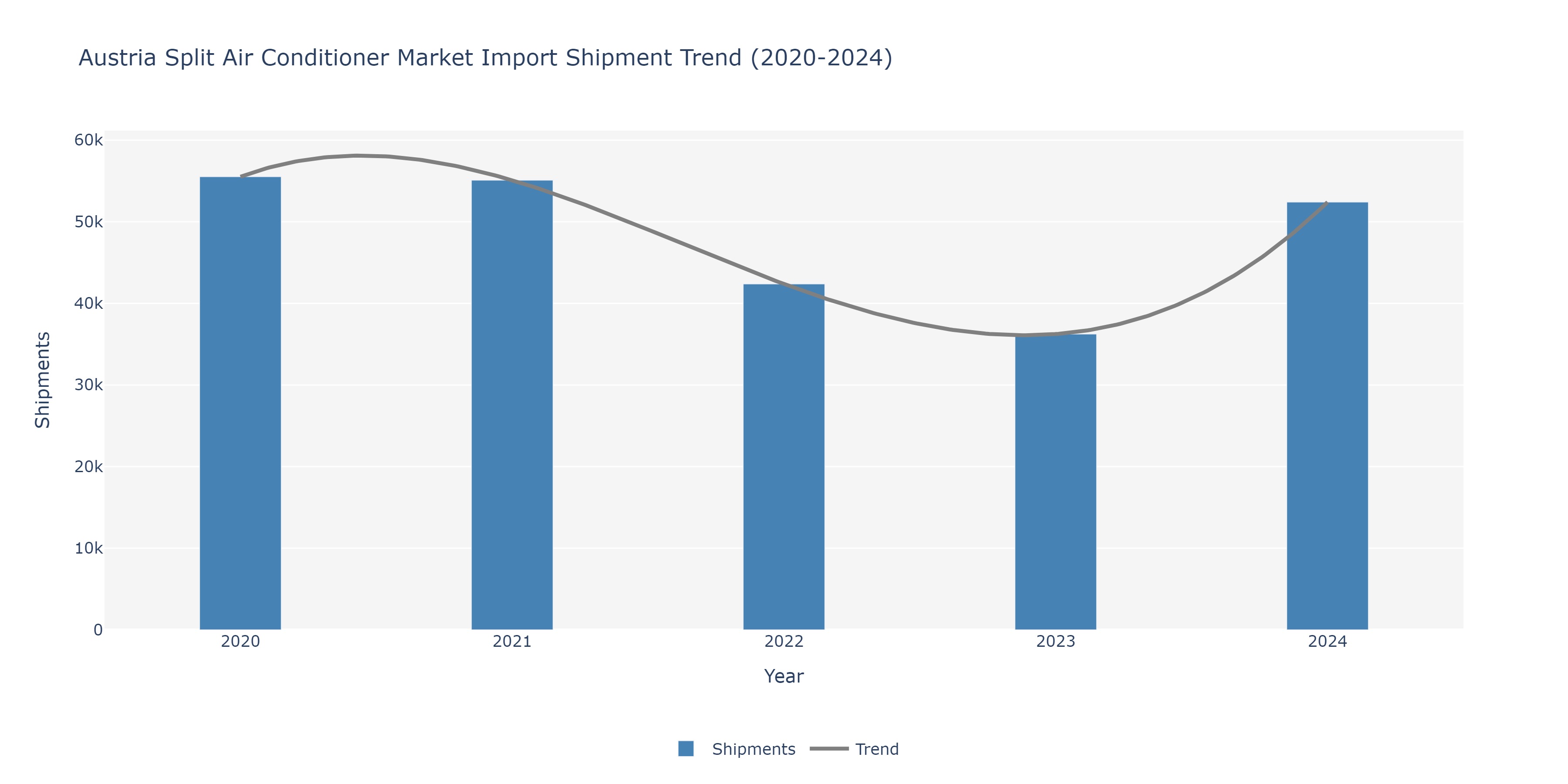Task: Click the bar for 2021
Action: point(512,405)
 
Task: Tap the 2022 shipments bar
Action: point(784,456)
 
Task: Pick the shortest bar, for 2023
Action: point(1055,481)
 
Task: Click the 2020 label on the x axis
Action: point(240,642)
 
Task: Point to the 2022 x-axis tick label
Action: point(784,642)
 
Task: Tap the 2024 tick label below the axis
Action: point(1327,642)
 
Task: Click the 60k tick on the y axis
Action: point(89,140)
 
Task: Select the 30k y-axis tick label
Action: point(89,385)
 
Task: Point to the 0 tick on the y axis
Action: point(98,630)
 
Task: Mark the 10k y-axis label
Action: point(89,548)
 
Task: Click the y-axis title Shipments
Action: point(43,380)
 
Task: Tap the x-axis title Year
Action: point(784,676)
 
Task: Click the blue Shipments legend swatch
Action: point(686,749)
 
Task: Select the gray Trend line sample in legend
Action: point(829,749)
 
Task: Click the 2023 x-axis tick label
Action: point(1055,642)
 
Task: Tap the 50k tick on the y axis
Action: point(89,222)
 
